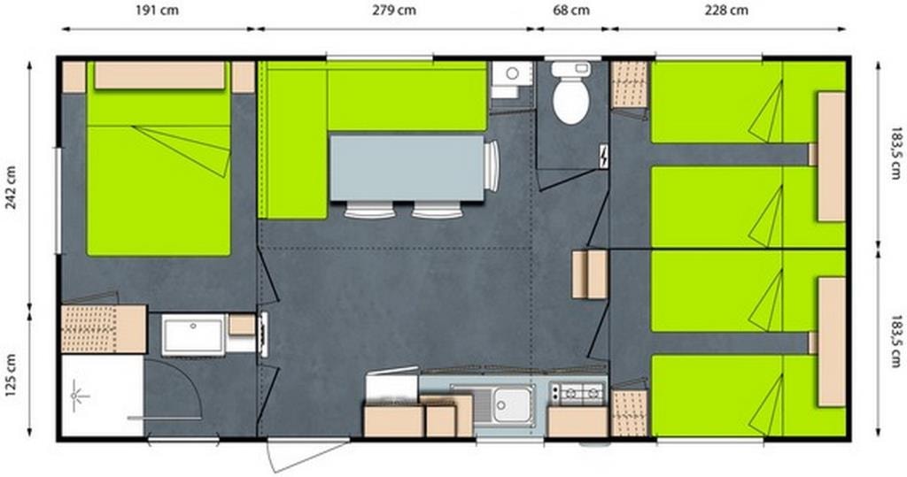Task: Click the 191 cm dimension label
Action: click(x=157, y=10)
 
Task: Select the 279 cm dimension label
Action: click(x=394, y=10)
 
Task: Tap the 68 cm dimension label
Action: click(x=571, y=10)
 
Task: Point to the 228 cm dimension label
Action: click(x=726, y=10)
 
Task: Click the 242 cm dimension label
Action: click(x=11, y=187)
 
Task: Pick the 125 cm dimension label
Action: click(x=11, y=375)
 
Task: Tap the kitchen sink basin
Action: click(x=512, y=404)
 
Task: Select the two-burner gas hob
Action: click(x=577, y=393)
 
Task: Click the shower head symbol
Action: click(x=78, y=396)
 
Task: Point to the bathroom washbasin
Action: click(x=192, y=335)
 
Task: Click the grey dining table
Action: click(x=407, y=168)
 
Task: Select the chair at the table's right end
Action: click(x=491, y=166)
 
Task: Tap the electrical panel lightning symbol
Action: click(x=603, y=156)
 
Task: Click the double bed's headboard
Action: click(x=159, y=76)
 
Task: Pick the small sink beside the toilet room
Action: click(x=512, y=80)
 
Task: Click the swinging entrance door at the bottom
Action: click(x=307, y=455)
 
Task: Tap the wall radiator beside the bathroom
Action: click(x=264, y=335)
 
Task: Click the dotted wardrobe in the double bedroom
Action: click(x=89, y=328)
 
